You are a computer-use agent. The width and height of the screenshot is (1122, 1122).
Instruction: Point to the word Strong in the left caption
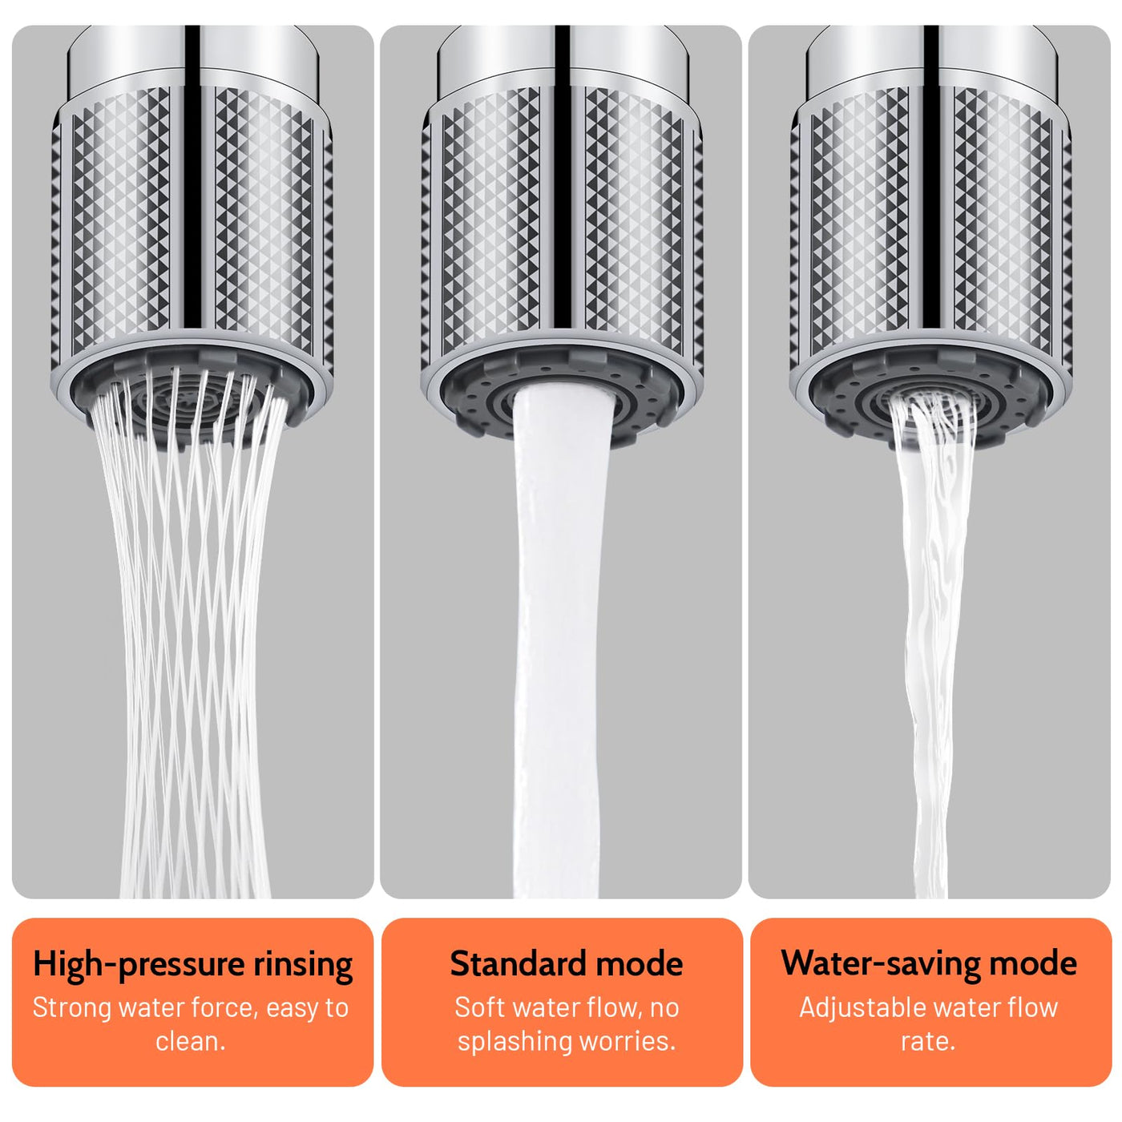pos(71,1008)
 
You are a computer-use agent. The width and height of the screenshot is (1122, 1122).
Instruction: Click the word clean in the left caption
pos(188,1042)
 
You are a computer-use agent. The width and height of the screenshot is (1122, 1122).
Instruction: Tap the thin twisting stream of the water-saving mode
pos(931,640)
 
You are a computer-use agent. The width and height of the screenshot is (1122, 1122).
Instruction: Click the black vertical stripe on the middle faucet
pos(562,175)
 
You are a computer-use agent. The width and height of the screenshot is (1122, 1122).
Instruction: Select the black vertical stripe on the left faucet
pos(192,175)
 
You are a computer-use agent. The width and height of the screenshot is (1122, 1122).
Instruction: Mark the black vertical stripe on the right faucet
pos(931,175)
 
